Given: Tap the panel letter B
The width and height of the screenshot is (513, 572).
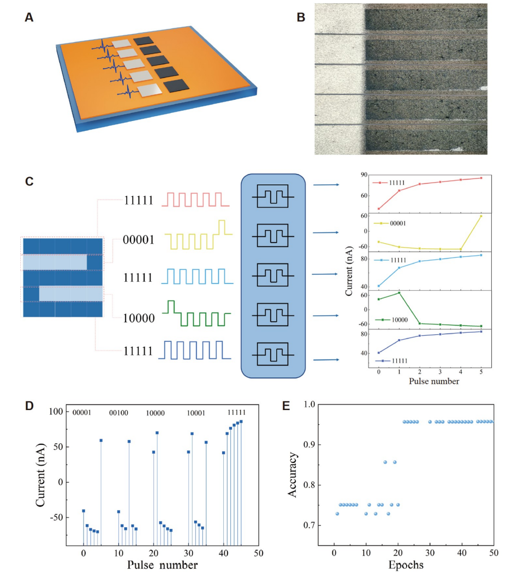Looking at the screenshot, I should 300,17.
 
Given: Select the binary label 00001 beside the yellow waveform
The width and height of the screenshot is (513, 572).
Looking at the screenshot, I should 138,239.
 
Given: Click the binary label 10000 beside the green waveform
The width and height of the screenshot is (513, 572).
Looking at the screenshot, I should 138,318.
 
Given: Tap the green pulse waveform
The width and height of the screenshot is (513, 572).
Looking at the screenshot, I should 198,314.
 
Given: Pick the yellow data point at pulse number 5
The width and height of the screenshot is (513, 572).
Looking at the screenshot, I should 481,216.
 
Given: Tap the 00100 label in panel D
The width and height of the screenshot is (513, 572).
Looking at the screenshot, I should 119,413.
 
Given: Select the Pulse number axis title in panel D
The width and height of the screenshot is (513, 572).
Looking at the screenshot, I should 163,565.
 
